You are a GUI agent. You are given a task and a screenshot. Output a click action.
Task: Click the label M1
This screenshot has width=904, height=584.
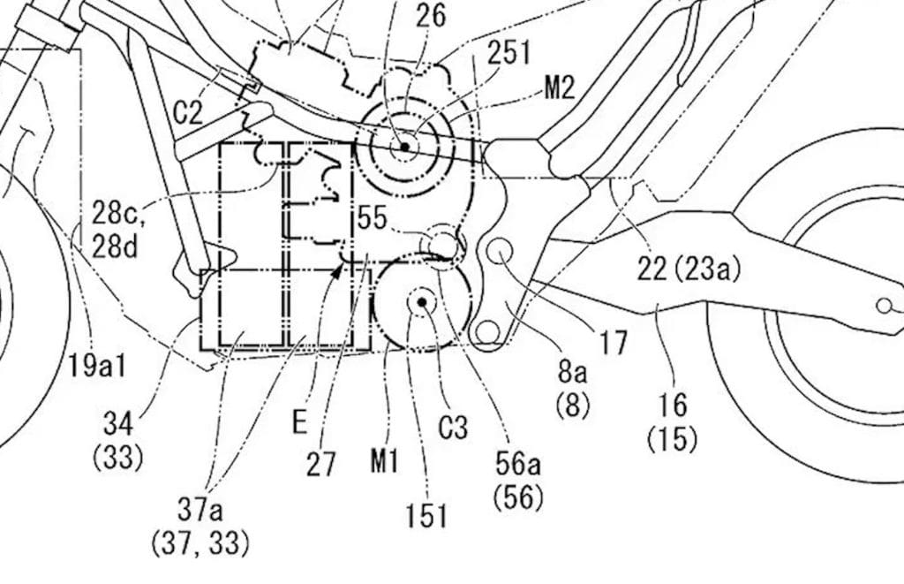click(x=386, y=460)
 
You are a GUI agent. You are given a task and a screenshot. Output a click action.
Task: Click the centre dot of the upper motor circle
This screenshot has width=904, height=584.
click(x=404, y=147)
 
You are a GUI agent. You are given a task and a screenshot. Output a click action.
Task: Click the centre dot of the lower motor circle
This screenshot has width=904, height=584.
click(x=423, y=303)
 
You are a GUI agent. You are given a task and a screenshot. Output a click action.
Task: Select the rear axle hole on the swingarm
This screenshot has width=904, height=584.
click(x=884, y=306)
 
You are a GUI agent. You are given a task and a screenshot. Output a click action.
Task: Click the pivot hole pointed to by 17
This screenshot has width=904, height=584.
click(x=501, y=253)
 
